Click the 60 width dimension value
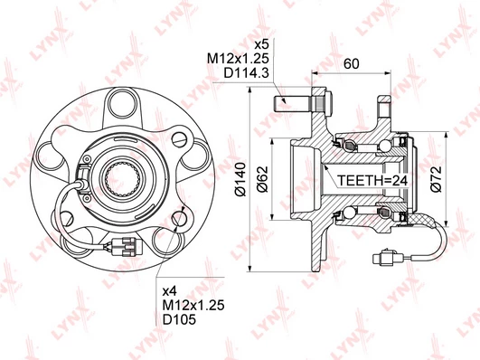pos(351,63)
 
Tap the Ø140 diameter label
pos(240,179)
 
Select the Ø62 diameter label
pos(262,179)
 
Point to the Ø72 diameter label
pos(436,179)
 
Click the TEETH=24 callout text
pos(372,181)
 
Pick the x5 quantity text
pos(262,44)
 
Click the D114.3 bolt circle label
pos(247,73)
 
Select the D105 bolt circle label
pos(179,319)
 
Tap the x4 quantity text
pos(170,289)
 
